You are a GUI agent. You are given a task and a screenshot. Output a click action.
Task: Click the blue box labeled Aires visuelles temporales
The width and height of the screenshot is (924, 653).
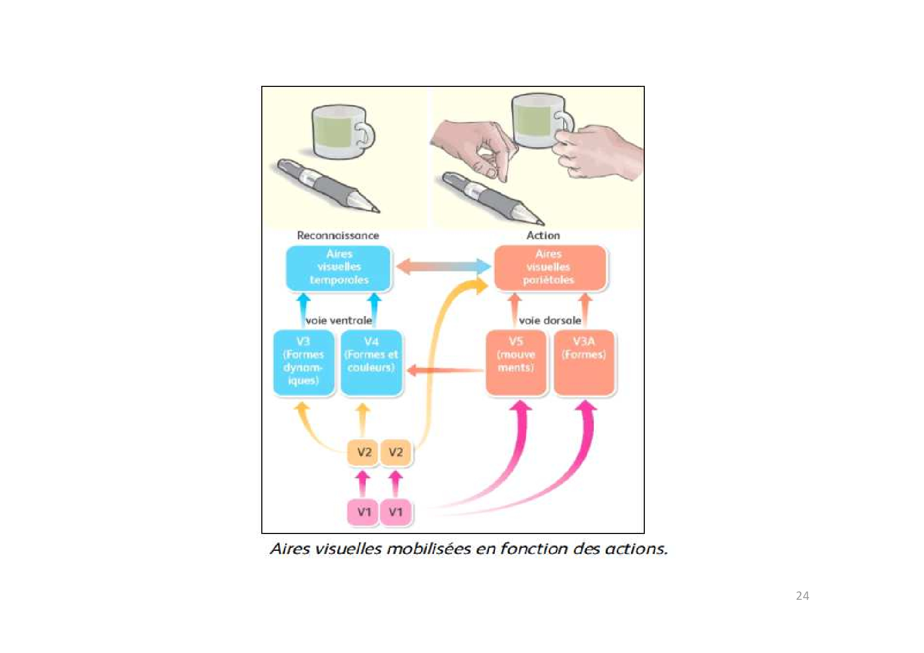tap(338, 268)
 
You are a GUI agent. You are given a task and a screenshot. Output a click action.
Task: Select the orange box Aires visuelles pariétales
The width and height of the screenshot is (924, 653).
tap(549, 268)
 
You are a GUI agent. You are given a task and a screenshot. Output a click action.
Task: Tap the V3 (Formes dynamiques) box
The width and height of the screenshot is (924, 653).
tap(303, 362)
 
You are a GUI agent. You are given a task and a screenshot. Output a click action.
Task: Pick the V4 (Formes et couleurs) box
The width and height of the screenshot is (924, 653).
tap(371, 362)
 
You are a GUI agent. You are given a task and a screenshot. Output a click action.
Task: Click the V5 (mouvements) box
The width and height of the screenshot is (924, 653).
tap(516, 362)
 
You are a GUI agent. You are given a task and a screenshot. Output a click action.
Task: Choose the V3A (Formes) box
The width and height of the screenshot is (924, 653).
tap(584, 362)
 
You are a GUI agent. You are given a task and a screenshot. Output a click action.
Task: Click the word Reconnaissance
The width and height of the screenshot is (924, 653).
tap(338, 235)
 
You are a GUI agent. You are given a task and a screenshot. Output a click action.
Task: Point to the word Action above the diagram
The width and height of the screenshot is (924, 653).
tap(543, 235)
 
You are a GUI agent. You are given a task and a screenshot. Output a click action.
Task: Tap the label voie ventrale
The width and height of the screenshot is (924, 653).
tap(339, 320)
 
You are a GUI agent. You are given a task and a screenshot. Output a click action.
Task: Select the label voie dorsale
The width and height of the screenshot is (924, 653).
tap(549, 320)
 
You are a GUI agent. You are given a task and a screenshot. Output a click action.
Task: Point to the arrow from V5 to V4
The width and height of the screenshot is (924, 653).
tap(445, 370)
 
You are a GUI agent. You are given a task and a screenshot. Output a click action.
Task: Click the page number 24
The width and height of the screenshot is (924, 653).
tap(802, 596)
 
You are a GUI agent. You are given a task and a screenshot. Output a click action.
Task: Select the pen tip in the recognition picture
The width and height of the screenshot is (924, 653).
tap(373, 209)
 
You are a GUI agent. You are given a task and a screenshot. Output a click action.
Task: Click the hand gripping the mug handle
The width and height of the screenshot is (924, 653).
tap(601, 150)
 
